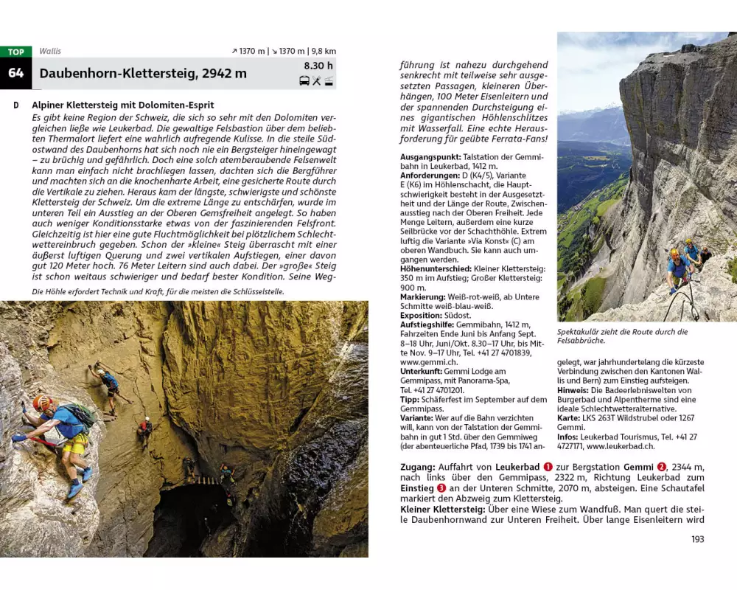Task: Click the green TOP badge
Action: (15, 52)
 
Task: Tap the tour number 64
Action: (15, 74)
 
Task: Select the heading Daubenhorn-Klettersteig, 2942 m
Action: (143, 74)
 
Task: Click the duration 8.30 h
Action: (319, 66)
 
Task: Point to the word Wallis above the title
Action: (51, 52)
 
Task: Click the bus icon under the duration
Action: (304, 81)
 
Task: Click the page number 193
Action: (697, 539)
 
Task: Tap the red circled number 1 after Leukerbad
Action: (548, 467)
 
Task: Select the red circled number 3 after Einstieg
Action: (441, 487)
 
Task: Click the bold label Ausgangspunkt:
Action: (430, 157)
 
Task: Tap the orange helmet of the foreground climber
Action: (42, 403)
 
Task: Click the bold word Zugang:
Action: (420, 467)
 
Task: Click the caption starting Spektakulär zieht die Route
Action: (622, 336)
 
